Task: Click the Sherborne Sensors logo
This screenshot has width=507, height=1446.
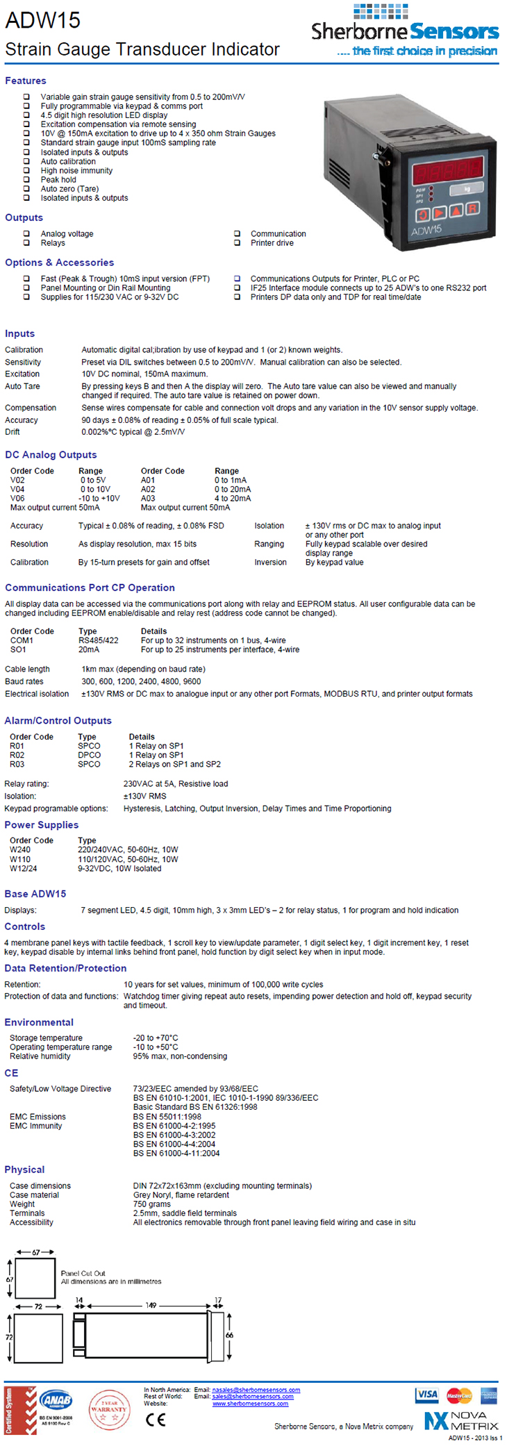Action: pos(404,31)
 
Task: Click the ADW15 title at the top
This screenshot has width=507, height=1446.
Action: pos(43,20)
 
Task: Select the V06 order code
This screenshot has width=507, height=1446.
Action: pos(17,498)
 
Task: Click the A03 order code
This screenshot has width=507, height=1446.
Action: pos(148,498)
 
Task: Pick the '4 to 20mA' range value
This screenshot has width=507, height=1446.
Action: pos(233,498)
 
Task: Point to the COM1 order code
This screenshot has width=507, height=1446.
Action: pos(22,640)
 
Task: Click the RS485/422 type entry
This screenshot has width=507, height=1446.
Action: pos(98,640)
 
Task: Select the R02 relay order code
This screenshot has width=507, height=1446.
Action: pos(17,755)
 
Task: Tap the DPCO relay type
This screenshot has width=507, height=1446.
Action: pos(89,755)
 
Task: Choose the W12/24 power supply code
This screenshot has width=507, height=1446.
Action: pos(24,868)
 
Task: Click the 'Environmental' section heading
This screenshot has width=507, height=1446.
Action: pos(39,1022)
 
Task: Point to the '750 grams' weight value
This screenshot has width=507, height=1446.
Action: pos(151,1204)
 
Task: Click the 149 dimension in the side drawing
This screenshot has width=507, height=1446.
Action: pos(151,1305)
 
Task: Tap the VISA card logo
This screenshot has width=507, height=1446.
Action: pos(426,1394)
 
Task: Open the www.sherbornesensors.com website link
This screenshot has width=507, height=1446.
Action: pos(250,1404)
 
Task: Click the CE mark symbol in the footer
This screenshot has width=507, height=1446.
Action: pos(156,1420)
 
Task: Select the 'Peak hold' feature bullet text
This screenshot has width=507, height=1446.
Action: pos(58,179)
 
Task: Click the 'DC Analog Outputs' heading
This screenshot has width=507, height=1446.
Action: pos(51,455)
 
